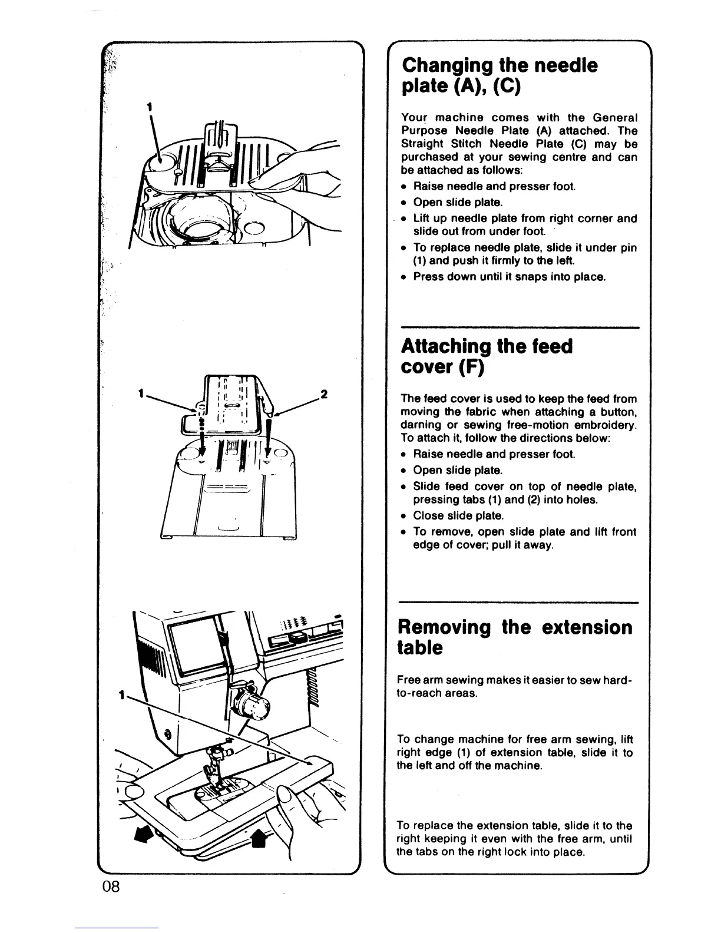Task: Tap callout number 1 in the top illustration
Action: click(150, 107)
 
